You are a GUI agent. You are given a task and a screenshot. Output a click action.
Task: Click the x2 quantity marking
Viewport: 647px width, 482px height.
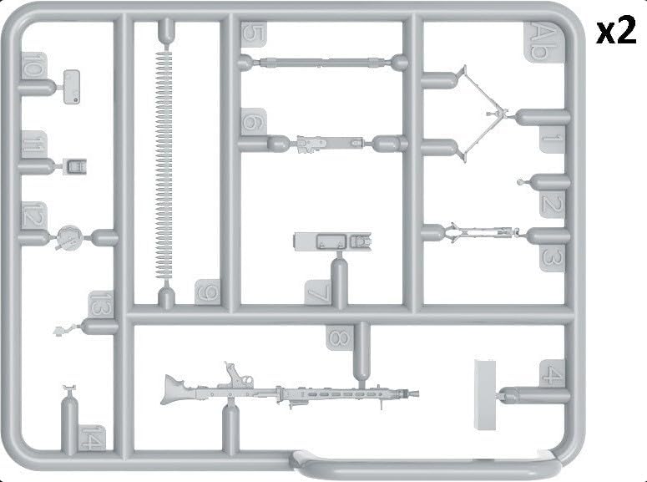point(615,30)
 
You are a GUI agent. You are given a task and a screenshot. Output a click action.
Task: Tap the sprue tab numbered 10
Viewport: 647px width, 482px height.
point(34,66)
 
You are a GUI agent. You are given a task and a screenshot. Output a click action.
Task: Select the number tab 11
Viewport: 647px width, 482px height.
point(33,145)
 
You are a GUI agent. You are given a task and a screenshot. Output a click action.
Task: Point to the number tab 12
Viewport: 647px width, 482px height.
point(33,216)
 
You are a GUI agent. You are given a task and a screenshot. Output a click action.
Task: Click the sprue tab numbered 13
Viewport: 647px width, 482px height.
point(101,304)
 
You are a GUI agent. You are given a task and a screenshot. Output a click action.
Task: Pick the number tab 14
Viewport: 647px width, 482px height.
point(92,438)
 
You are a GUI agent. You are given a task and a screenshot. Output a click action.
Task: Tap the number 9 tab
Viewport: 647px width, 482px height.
point(208,292)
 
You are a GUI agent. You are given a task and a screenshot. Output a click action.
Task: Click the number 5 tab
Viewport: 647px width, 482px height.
point(253,34)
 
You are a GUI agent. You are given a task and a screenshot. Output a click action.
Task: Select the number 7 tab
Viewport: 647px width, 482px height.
point(318,293)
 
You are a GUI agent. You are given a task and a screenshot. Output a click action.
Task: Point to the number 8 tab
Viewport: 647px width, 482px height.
point(339,337)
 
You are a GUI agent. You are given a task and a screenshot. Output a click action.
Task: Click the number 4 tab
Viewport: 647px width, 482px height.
point(552,373)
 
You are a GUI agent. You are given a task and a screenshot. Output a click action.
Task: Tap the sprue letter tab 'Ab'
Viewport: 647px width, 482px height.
point(543,42)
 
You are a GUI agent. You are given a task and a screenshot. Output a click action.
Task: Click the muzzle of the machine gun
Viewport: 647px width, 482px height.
point(415,393)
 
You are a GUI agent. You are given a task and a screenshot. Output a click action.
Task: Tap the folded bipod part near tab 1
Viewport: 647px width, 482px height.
point(481,114)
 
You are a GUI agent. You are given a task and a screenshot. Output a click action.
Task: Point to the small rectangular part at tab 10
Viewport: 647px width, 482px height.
point(72,87)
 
